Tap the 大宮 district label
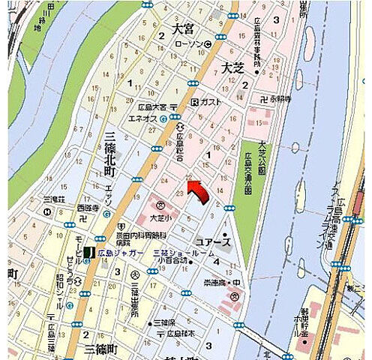[x=183, y=30]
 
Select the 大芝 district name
[x=234, y=67]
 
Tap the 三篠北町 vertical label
[x=110, y=153]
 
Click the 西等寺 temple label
[x=87, y=206]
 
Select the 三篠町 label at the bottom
[x=100, y=349]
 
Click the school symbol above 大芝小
[x=160, y=204]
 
